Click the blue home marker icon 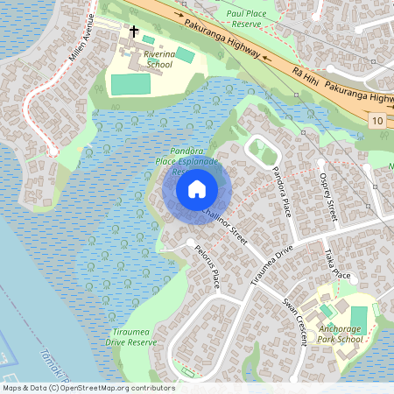coord(197,189)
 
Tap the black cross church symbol coord(134,32)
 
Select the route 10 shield coord(376,119)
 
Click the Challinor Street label coord(224,223)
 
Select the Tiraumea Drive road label coord(271,261)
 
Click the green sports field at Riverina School coord(130,85)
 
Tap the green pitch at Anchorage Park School coord(359,316)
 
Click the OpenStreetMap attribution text coord(88,388)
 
